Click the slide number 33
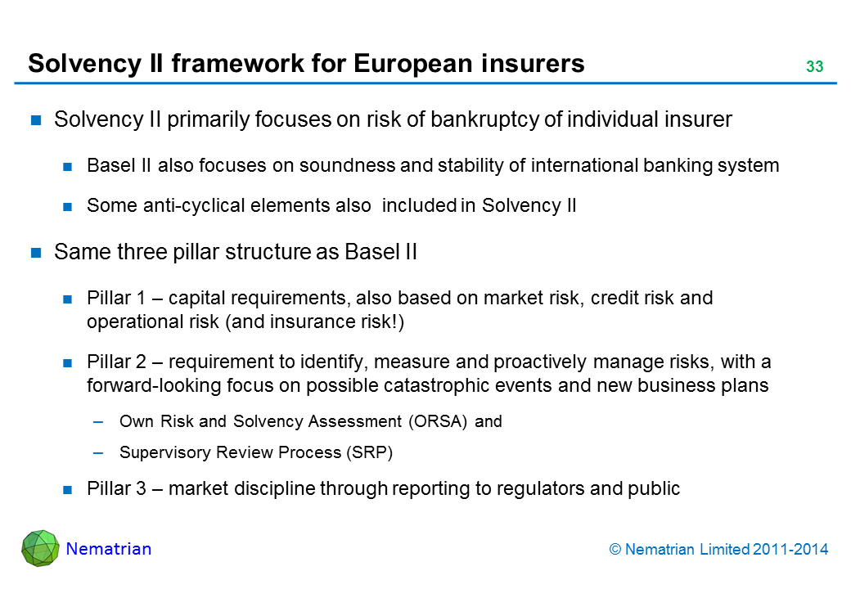[813, 67]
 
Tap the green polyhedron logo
[40, 549]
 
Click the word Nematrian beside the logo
[109, 549]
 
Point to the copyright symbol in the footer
[616, 551]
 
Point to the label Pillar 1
[110, 299]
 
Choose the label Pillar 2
[110, 362]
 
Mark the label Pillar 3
[110, 489]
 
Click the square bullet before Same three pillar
[36, 253]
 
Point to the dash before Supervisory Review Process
[99, 452]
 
